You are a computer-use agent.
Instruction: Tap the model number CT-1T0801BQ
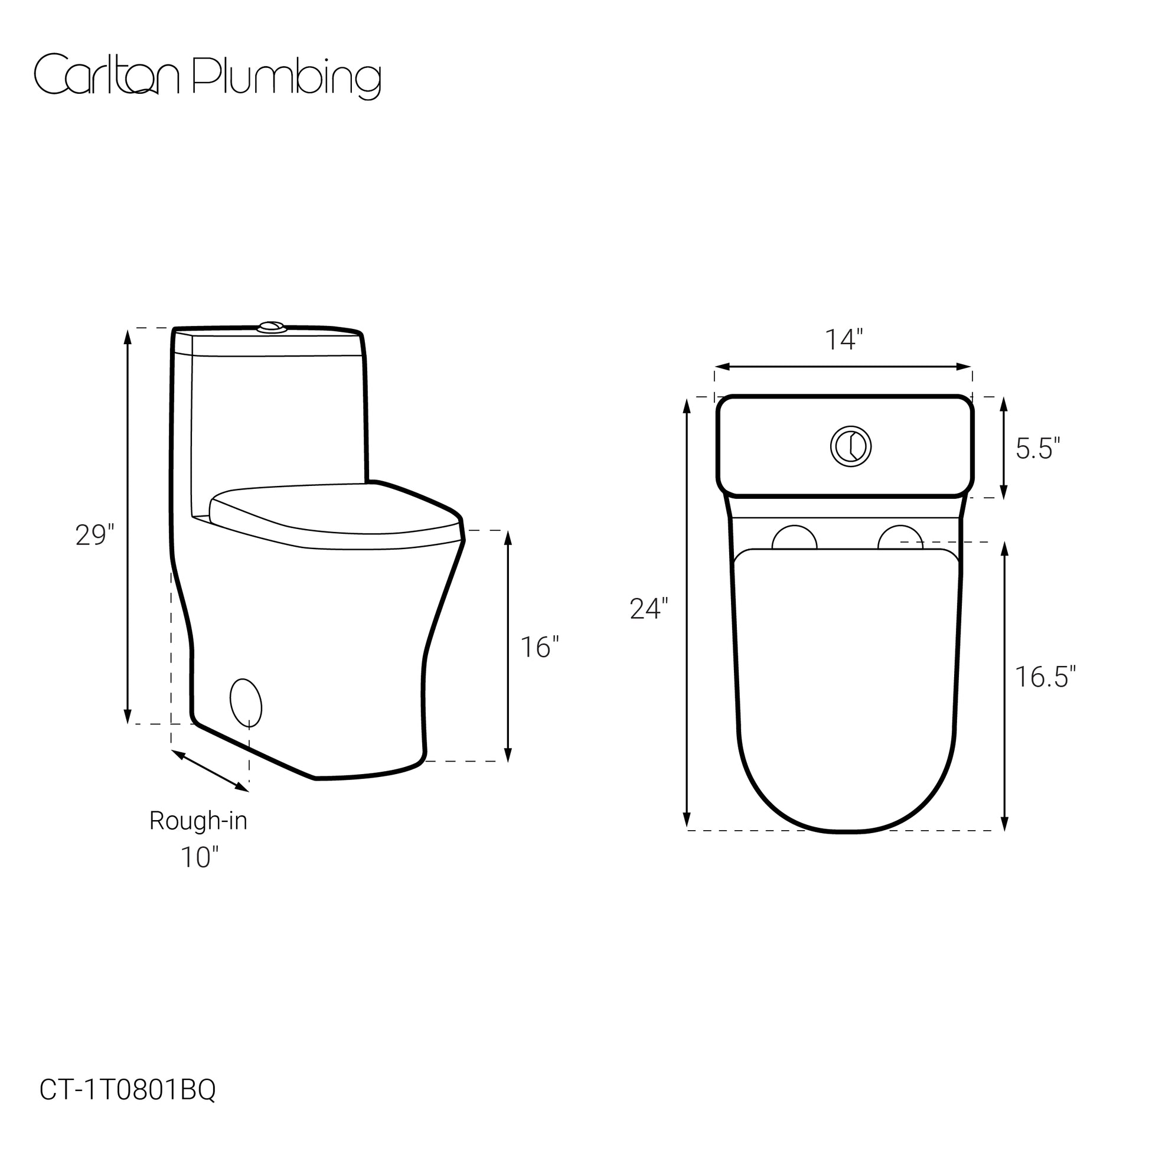(128, 1056)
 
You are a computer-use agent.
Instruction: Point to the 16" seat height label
(540, 647)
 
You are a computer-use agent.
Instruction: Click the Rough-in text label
(198, 821)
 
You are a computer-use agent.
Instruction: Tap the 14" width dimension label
(843, 340)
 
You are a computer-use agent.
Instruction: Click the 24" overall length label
(649, 609)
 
